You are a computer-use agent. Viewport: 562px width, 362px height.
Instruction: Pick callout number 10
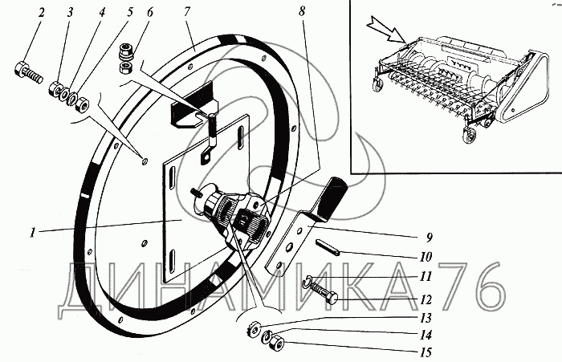coord(426,258)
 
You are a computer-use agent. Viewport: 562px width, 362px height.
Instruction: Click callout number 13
coord(425,319)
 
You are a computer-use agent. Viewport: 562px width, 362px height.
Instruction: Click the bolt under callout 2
coord(26,76)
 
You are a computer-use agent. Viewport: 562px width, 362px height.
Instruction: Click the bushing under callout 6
coord(124,60)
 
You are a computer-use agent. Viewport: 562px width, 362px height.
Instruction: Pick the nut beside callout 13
coord(250,327)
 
